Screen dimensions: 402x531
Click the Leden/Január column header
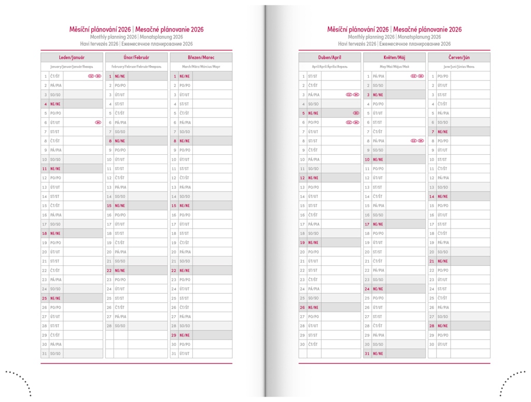72,57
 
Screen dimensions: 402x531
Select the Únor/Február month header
136,57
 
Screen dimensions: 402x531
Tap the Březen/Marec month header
201,57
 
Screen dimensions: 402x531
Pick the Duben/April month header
329,57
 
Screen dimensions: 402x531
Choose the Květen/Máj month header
394,57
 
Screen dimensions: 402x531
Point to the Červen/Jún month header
459,57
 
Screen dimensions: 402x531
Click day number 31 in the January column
45,354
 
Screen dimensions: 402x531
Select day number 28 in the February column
109,326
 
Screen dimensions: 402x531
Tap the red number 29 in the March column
174,335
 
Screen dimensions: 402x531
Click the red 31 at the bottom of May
367,354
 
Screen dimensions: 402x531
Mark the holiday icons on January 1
94,76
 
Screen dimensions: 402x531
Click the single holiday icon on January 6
97,122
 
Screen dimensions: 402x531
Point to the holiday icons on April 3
352,95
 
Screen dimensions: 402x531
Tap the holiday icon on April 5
356,113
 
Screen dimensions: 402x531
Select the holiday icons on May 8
417,141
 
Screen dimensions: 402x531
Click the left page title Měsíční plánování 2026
100,30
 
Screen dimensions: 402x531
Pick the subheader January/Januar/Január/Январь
72,66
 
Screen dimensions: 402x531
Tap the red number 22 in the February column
109,270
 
